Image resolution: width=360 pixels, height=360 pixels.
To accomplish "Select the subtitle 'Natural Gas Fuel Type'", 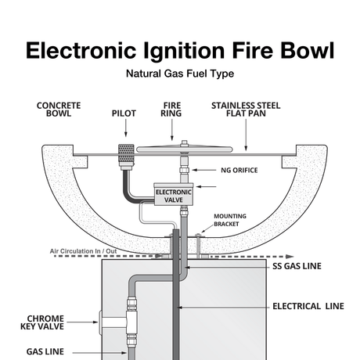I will (180, 76).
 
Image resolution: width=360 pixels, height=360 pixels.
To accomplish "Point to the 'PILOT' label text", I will (124, 113).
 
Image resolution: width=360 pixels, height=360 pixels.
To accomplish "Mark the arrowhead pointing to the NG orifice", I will (197, 169).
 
